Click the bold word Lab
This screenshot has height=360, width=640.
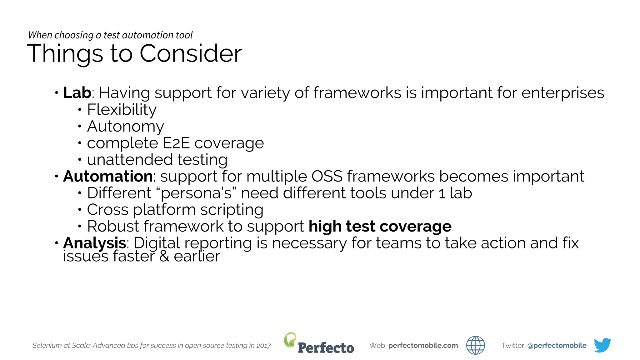tap(77, 93)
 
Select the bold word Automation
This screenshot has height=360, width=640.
tap(108, 176)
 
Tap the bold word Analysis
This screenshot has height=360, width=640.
tap(94, 243)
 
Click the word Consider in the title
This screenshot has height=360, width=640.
tap(191, 53)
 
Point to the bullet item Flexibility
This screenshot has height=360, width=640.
tap(122, 110)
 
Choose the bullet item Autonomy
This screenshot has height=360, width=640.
tap(125, 126)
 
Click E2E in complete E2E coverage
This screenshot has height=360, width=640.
tap(176, 143)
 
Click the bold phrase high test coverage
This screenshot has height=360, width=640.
tap(380, 226)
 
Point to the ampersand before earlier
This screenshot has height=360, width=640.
tap(164, 256)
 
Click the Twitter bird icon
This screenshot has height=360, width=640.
tap(602, 345)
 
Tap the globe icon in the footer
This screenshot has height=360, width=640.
tap(475, 345)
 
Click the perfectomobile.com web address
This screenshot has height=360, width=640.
tap(423, 345)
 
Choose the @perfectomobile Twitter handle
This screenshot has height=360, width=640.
tap(557, 345)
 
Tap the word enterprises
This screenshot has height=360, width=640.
tap(562, 93)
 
